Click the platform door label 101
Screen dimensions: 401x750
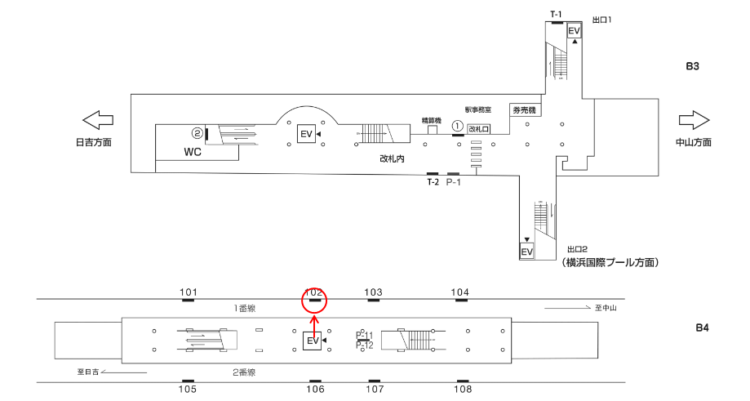[189, 292]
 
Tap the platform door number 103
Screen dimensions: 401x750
[373, 292]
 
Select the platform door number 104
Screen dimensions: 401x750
[461, 292]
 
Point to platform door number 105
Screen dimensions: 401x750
[189, 390]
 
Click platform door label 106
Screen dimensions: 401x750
[315, 390]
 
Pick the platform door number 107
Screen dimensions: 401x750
[374, 390]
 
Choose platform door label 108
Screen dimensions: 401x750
[463, 390]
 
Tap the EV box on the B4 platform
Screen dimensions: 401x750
[313, 341]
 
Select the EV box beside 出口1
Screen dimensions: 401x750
[575, 31]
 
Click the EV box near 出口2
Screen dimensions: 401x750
[527, 252]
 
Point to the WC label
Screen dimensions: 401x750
[193, 152]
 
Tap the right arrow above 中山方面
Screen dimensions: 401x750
[694, 120]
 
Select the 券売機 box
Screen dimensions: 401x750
[523, 109]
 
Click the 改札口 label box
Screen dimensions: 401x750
[478, 129]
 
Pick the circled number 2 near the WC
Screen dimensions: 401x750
[197, 132]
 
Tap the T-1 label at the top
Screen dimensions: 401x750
[557, 14]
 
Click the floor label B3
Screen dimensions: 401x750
[692, 66]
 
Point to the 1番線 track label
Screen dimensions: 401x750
[245, 308]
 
